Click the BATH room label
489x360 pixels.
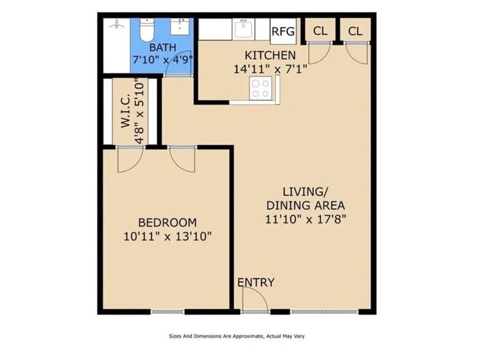pyautogui.click(x=162, y=48)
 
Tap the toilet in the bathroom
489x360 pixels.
pyautogui.click(x=146, y=30)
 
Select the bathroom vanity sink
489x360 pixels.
pyautogui.click(x=180, y=26)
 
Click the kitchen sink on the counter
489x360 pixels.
pyautogui.click(x=243, y=29)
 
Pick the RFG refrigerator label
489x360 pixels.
pyautogui.click(x=283, y=31)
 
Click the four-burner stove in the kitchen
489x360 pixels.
pyautogui.click(x=260, y=88)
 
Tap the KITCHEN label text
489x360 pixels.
pyautogui.click(x=270, y=56)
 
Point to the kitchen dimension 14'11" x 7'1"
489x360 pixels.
pyautogui.click(x=270, y=69)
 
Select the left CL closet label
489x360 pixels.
pyautogui.click(x=320, y=31)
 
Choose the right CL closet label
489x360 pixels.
pyautogui.click(x=355, y=31)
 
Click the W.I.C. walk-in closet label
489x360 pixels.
pyautogui.click(x=126, y=111)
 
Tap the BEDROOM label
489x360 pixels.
pyautogui.click(x=167, y=222)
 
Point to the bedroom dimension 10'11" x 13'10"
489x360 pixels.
pyautogui.click(x=167, y=236)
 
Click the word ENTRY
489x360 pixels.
pyautogui.click(x=256, y=282)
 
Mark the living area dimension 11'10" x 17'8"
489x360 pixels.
pyautogui.click(x=306, y=219)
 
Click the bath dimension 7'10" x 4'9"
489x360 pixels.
pyautogui.click(x=162, y=59)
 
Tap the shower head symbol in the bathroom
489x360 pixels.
pyautogui.click(x=116, y=24)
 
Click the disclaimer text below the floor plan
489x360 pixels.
pyautogui.click(x=237, y=336)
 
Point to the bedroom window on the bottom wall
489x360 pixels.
pyautogui.click(x=167, y=312)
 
